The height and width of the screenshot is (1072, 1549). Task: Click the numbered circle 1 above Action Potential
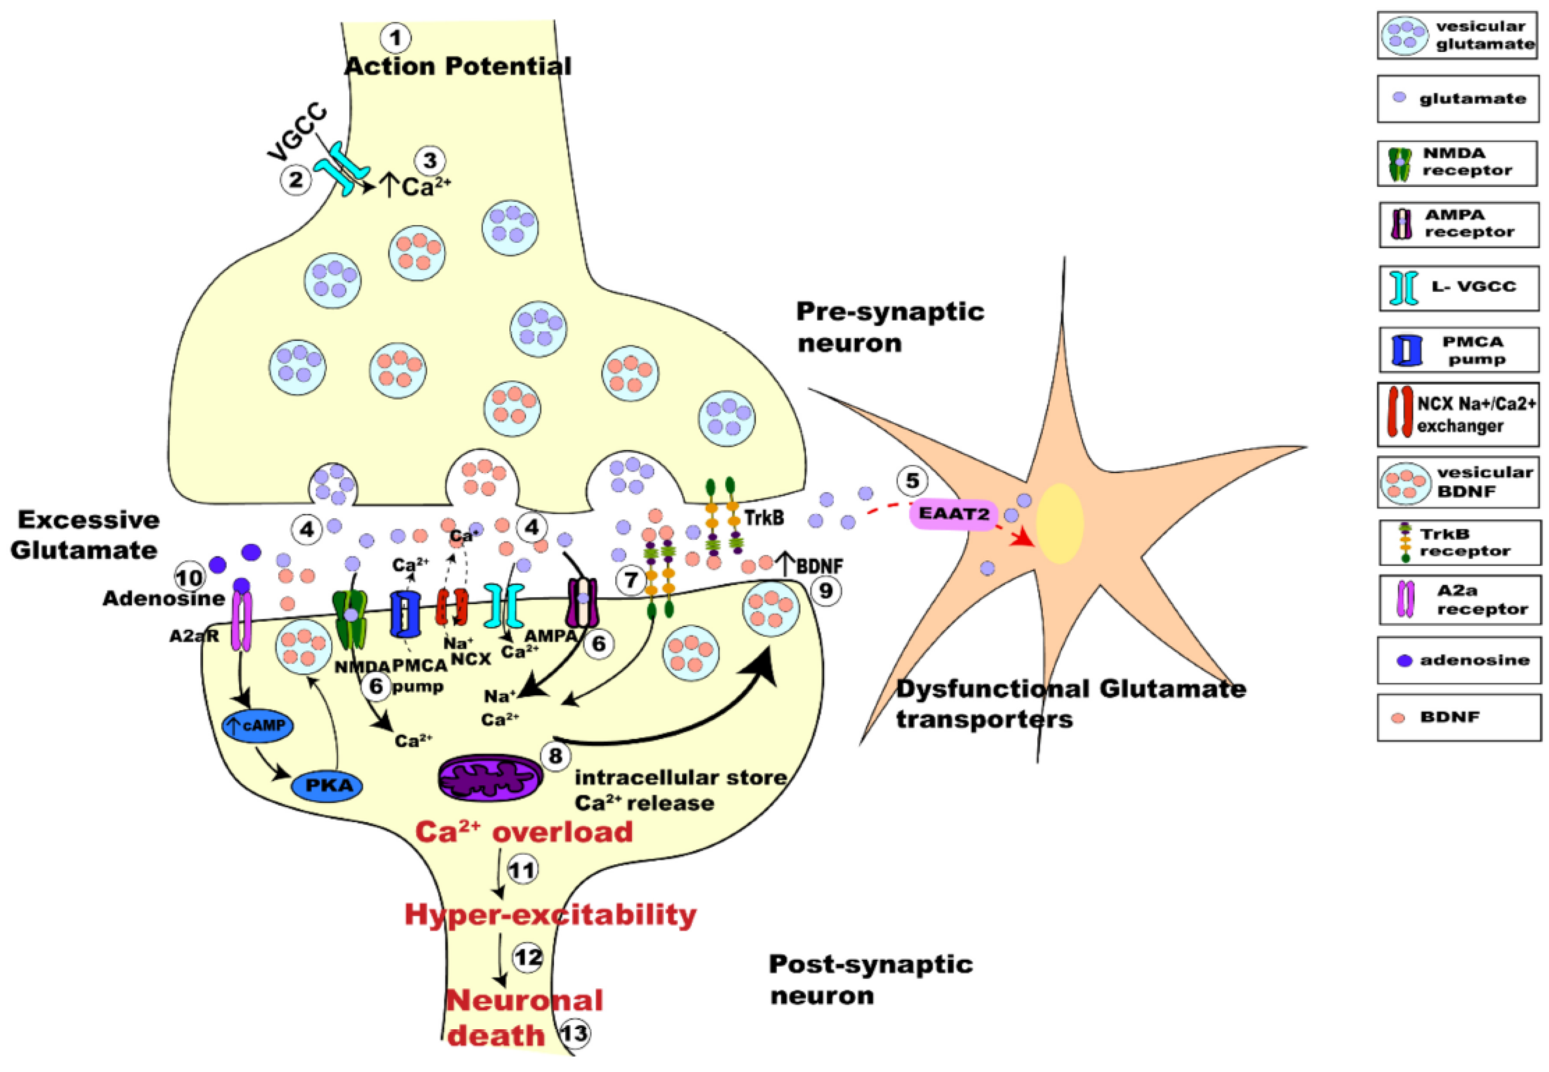tap(396, 39)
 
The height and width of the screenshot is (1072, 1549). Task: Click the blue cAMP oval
tap(257, 725)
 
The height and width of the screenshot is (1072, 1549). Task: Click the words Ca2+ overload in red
tap(524, 832)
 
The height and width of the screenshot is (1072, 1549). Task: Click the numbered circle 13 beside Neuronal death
tap(575, 1033)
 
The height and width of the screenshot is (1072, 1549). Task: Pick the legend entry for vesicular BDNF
tap(1457, 481)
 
